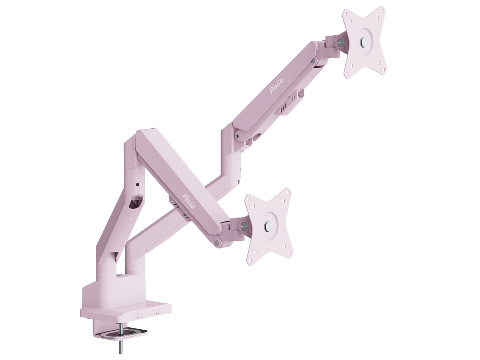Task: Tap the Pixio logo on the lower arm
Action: (189, 200)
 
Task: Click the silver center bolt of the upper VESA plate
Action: (364, 41)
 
